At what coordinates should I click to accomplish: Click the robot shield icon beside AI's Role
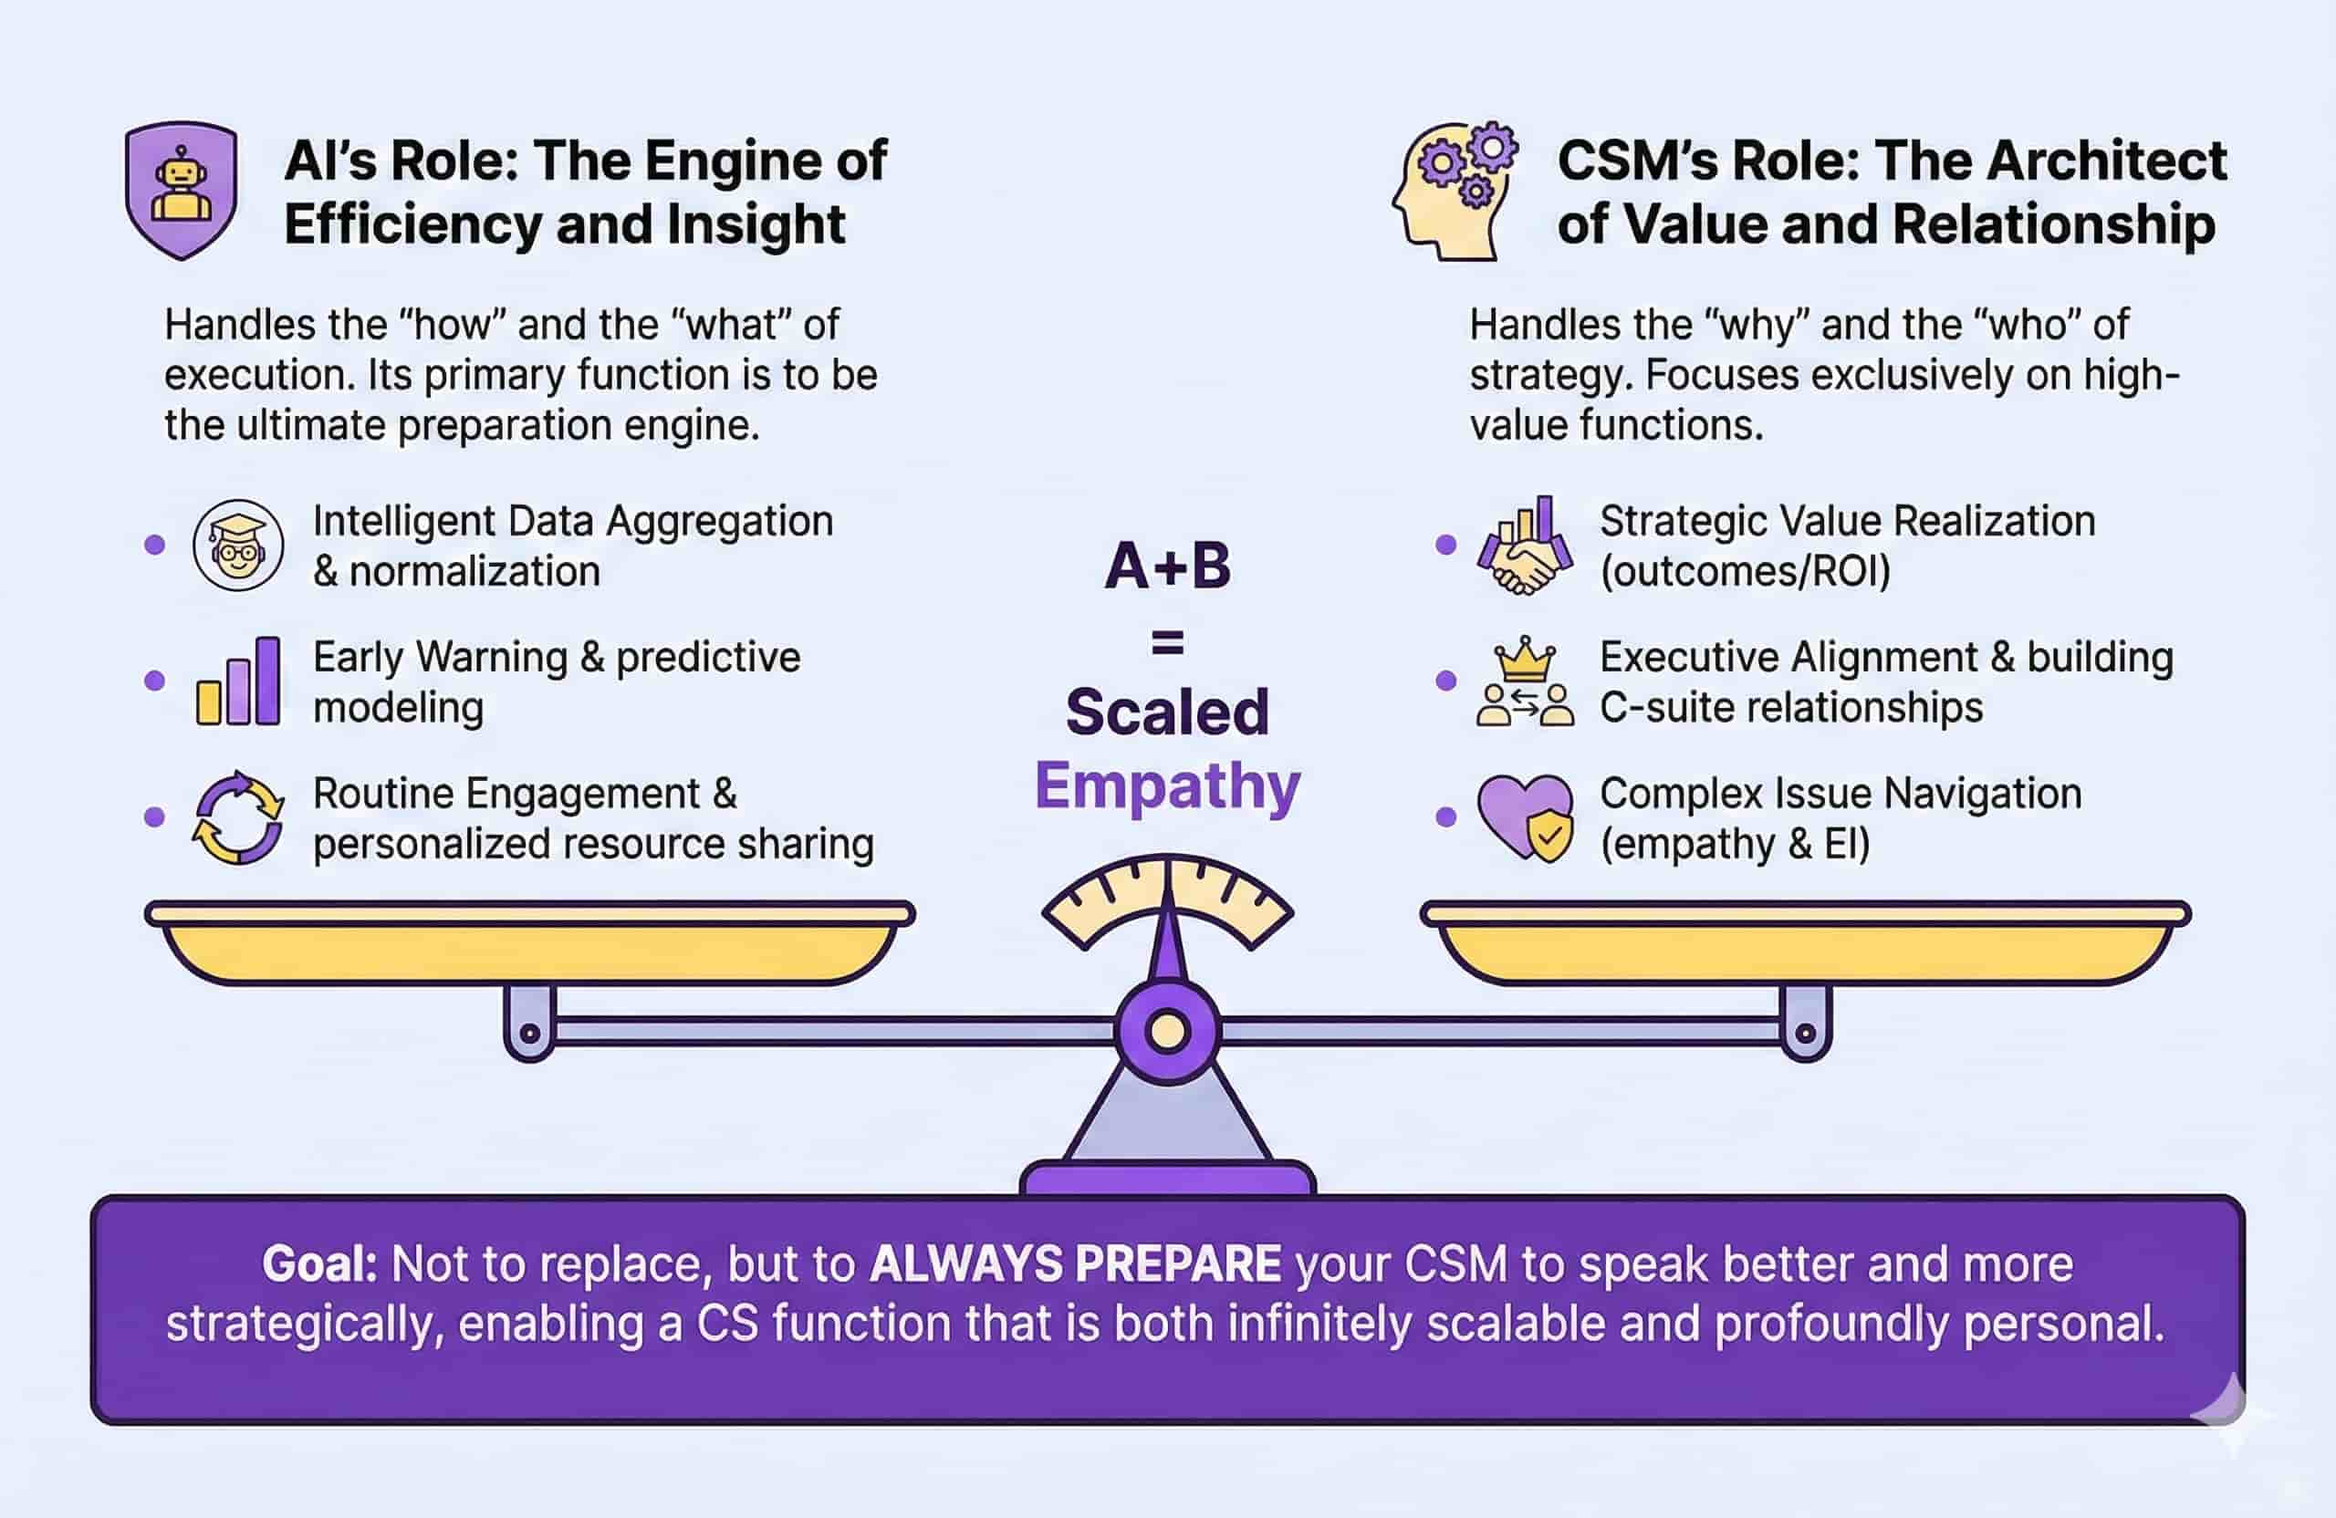coord(181,190)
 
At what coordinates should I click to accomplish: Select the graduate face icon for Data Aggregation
coord(238,546)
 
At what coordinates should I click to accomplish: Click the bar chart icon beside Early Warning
coord(238,681)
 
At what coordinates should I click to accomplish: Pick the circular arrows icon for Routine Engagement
coord(238,817)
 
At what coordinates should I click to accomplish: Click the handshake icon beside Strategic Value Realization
coord(1524,546)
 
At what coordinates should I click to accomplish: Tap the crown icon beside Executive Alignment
coord(1524,660)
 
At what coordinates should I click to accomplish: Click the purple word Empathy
coord(1167,786)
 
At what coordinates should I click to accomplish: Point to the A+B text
coord(1167,567)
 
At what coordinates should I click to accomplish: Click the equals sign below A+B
coord(1167,644)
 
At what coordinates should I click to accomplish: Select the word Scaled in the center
coord(1167,712)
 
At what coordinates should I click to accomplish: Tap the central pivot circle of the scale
coord(1167,1031)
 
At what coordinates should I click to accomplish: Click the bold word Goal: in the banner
coord(320,1263)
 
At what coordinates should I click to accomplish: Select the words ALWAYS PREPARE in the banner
coord(1075,1263)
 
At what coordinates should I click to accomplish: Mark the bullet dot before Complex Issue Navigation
coord(1444,816)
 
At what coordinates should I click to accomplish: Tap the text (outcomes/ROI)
coord(1744,571)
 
